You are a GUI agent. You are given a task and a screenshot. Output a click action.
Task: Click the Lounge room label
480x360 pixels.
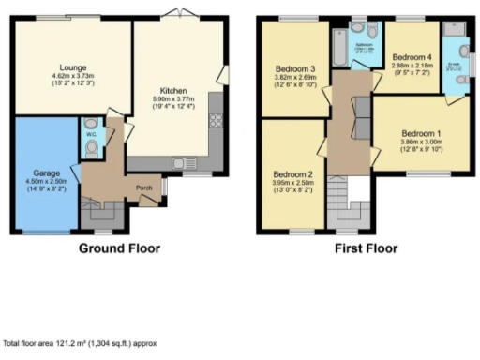click(x=74, y=67)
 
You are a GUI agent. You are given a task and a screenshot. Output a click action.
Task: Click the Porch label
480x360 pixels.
click(x=145, y=187)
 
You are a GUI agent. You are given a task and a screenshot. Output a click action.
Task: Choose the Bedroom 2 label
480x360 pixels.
click(x=293, y=174)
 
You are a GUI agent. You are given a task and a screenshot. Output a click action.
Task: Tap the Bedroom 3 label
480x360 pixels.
click(x=294, y=67)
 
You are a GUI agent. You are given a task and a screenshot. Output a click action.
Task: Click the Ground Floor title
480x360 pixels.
click(x=118, y=248)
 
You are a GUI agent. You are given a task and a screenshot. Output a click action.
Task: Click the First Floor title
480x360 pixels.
click(x=365, y=248)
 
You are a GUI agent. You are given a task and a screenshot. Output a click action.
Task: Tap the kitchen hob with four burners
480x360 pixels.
click(x=214, y=119)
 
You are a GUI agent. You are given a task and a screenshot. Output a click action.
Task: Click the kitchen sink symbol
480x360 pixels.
click(x=178, y=163)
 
